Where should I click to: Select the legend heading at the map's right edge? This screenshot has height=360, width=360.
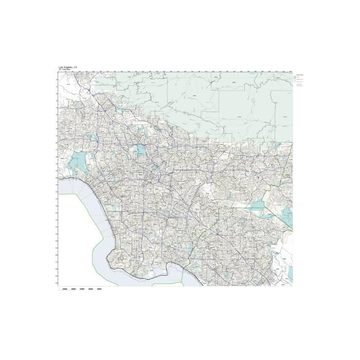tap(299, 75)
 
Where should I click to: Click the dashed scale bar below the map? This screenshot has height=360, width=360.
tap(81, 290)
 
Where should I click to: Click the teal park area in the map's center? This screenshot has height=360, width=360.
tap(140, 151)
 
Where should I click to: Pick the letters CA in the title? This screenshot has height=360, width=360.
tap(75, 67)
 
